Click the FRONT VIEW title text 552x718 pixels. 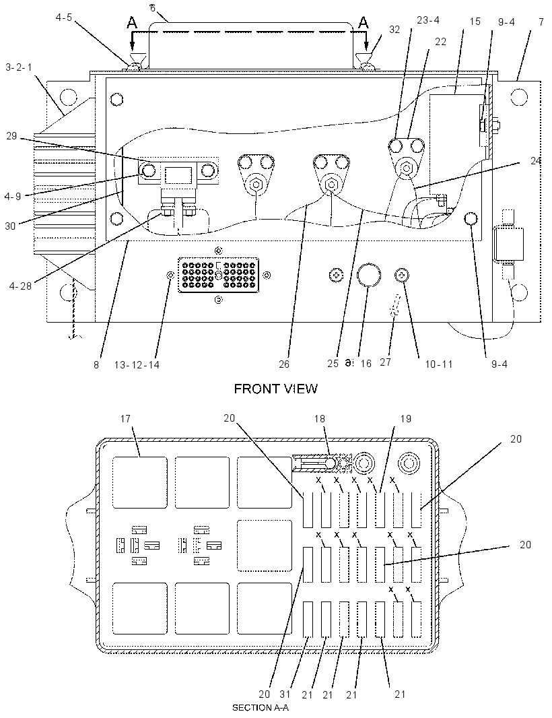275,389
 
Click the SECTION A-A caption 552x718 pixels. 261,707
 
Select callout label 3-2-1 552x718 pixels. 20,67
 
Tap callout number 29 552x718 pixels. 11,136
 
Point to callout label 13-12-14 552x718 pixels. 137,365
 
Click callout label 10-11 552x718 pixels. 438,364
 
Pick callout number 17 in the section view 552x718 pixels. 125,418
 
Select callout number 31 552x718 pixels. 285,694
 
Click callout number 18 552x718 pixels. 320,418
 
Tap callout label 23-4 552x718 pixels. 428,20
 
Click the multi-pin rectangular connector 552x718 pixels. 218,275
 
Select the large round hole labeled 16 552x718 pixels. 368,274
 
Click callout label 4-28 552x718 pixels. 20,286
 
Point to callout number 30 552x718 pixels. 10,226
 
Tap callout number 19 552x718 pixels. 405,418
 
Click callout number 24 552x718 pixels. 536,161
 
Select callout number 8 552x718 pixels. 96,365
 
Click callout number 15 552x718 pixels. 475,22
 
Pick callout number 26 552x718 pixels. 284,364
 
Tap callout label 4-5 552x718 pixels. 63,19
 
